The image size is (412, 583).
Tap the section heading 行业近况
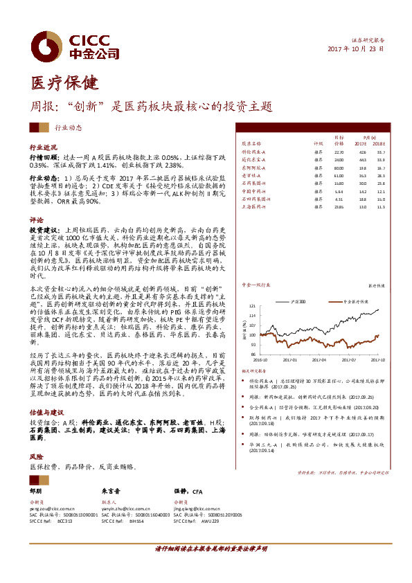44,147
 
